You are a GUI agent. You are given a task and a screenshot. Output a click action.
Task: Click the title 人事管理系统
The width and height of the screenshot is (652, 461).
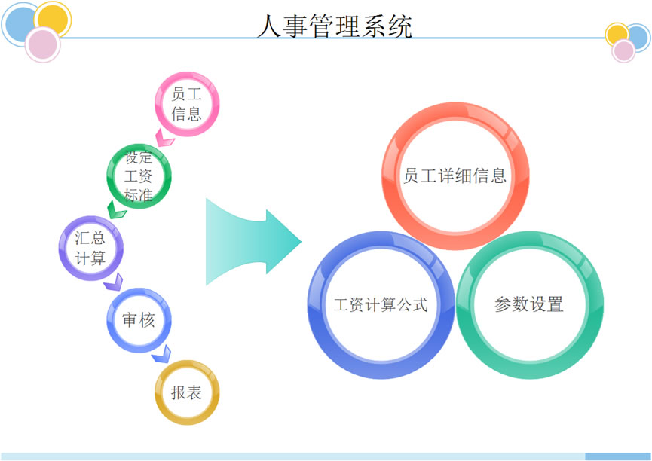pos(335,26)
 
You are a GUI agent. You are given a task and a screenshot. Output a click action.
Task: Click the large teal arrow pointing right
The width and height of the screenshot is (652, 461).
pos(253,242)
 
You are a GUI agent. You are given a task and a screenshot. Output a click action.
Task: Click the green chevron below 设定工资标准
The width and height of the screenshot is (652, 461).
pos(116,210)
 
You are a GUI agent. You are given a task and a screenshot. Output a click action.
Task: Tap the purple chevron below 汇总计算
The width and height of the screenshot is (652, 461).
pos(114,282)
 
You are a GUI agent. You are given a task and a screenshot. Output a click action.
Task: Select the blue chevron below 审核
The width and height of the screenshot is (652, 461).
pos(162,354)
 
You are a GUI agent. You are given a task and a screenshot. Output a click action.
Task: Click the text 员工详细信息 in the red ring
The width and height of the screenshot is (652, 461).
pos(455,176)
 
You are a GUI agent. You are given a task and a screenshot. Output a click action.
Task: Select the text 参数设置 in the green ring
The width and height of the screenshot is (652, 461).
pos(529,304)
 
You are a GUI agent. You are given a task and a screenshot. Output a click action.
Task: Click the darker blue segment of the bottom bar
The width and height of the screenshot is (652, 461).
pos(618,456)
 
